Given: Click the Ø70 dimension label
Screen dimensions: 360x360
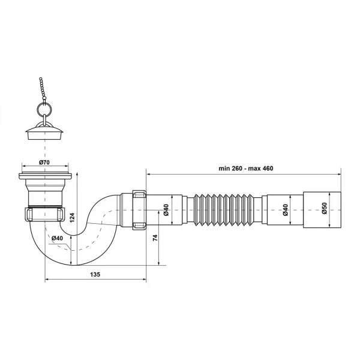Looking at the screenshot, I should (x=45, y=163).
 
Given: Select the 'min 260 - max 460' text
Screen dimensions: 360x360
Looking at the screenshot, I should (x=245, y=169).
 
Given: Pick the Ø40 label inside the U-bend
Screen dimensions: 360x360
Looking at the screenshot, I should (x=58, y=238).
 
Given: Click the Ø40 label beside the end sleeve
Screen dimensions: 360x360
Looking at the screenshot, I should (x=286, y=210).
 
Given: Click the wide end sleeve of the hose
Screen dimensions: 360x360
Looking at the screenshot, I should (x=317, y=210).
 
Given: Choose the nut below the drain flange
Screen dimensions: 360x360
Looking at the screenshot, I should (x=45, y=214).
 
